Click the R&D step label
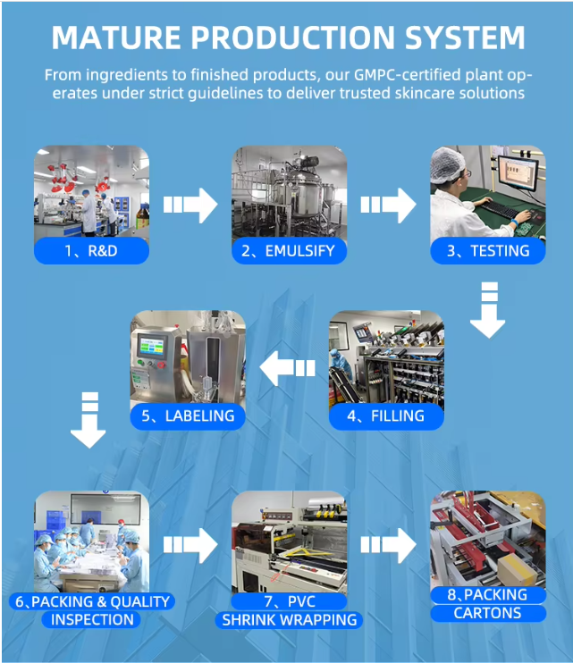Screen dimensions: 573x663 91,251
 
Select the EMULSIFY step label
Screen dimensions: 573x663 289,251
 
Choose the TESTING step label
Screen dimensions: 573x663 488,251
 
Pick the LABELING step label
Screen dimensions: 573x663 188,415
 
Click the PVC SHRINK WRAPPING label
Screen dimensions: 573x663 288,611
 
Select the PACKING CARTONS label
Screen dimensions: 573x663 488,604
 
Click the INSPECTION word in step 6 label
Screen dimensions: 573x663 92,620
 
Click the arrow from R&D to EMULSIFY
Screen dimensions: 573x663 190,205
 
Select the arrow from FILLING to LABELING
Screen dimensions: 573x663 287,366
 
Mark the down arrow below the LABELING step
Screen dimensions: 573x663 88,420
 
